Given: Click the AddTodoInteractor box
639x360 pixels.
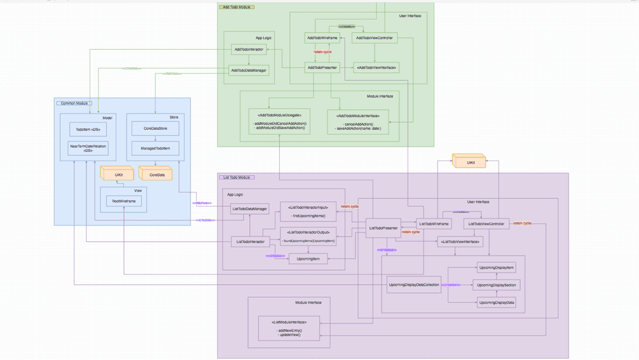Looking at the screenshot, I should point(248,49).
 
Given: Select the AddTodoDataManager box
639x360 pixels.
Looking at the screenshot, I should point(248,70).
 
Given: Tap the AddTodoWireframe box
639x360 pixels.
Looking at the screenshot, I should point(321,38).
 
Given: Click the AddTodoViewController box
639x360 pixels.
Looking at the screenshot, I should point(374,38).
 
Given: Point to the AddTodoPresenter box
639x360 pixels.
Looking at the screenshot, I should point(321,67).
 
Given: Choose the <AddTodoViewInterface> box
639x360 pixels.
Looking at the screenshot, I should point(377,67).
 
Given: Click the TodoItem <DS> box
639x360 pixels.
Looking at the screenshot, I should point(88,129).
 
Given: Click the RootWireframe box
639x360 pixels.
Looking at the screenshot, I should point(124,201).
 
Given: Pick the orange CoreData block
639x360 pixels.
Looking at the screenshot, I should point(157,173).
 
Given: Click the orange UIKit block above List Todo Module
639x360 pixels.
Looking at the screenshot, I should point(470,162).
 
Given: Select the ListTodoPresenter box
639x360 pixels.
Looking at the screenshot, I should point(383,228).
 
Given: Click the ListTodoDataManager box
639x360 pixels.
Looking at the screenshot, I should point(249,208).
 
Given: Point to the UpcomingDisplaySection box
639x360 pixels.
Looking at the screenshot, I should point(497,285).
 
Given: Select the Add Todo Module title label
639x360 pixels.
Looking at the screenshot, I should point(236,7).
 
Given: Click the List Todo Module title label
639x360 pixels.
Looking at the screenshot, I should point(236,177).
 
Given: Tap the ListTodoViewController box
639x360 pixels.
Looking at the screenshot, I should point(487,223).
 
